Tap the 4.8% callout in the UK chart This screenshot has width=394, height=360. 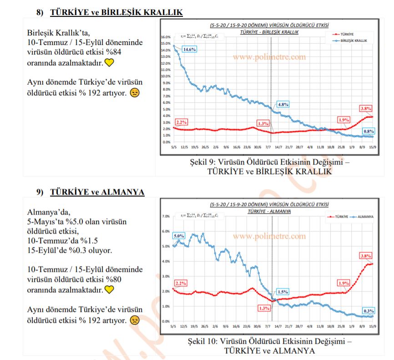point(283,105)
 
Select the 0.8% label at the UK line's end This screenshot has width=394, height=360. point(368,131)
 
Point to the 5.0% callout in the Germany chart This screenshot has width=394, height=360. point(178,236)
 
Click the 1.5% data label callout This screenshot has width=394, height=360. point(283,292)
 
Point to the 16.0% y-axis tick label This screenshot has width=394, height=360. point(166,37)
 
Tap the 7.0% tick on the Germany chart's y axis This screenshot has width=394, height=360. point(167,217)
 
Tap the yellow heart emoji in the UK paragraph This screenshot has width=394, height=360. point(109,63)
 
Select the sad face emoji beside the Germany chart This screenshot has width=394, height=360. point(134,320)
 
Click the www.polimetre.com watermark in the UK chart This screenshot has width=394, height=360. point(269,57)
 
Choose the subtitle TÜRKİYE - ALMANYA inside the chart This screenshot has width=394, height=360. point(270,211)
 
